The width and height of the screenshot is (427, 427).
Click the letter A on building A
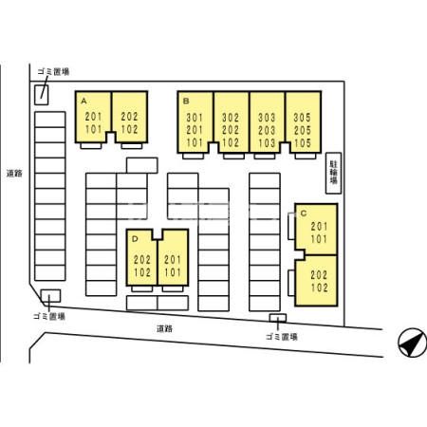point(84,101)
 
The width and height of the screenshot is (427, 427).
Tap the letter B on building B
point(186,102)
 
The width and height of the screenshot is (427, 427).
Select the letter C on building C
point(304,213)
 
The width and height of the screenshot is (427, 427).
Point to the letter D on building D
point(135,239)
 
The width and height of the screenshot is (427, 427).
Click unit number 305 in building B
point(303,118)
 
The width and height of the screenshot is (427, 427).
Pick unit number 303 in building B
point(267,118)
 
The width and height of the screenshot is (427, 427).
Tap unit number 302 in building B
point(231,118)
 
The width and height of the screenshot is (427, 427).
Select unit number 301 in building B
point(195,118)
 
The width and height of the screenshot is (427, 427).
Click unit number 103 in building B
point(267,143)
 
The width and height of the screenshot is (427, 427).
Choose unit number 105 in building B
point(303,143)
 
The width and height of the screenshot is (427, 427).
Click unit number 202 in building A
point(129,117)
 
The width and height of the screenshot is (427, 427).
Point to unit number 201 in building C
point(319,226)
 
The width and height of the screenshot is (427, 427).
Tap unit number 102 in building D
point(142,272)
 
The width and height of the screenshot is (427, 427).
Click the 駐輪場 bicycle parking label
point(334,173)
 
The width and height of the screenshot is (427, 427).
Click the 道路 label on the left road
point(14,174)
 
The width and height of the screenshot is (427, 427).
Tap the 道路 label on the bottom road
point(164,328)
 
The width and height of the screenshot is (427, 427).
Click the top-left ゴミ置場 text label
point(53,72)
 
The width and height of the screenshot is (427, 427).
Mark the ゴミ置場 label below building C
point(282,337)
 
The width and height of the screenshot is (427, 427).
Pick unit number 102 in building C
point(319,288)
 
